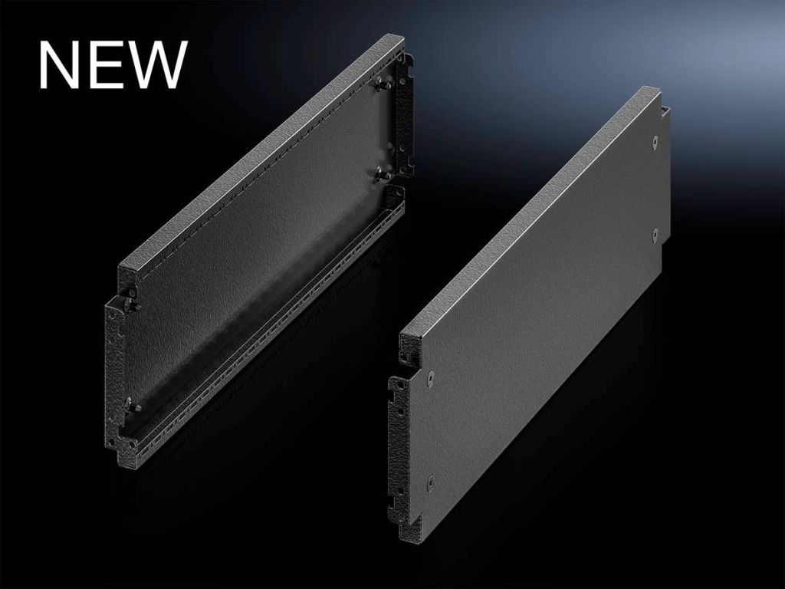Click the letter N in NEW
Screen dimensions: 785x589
click(59, 64)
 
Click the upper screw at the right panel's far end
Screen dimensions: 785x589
click(655, 142)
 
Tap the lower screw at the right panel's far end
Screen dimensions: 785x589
click(655, 232)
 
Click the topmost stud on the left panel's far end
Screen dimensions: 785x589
click(384, 84)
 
